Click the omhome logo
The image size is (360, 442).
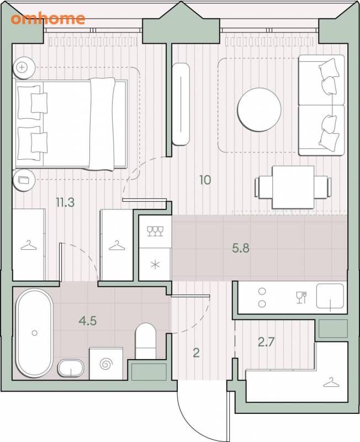click(x=48, y=19)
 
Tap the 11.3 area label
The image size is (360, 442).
click(x=65, y=202)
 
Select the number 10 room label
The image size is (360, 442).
click(x=205, y=180)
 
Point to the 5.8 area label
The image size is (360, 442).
click(x=241, y=248)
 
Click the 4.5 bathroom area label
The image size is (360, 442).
click(x=88, y=320)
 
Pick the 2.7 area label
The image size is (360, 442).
click(x=266, y=342)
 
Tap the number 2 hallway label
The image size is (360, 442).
click(x=197, y=352)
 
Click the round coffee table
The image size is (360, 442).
click(x=259, y=109)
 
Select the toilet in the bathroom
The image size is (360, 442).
click(x=146, y=341)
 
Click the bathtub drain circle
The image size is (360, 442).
click(x=35, y=333)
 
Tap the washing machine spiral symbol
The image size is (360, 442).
click(x=106, y=364)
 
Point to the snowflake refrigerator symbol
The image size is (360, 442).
click(x=155, y=265)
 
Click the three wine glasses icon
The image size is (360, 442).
click(x=155, y=231)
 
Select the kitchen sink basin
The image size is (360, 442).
click(x=330, y=296)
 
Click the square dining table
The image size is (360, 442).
click(x=293, y=187)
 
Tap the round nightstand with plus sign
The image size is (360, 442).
click(x=24, y=67)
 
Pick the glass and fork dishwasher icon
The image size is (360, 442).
click(x=301, y=297)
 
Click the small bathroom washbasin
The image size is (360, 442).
click(x=71, y=368)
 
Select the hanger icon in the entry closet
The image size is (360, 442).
click(x=331, y=382)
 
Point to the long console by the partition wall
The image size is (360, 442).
click(x=181, y=104)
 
